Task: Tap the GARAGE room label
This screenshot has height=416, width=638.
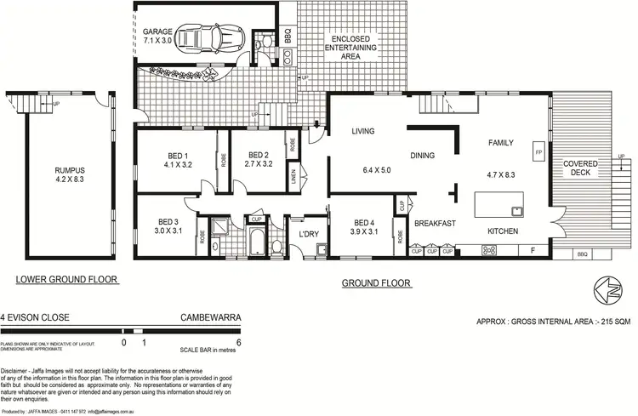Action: pyautogui.click(x=157, y=31)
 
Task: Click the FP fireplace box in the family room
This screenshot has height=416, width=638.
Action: pyautogui.click(x=538, y=152)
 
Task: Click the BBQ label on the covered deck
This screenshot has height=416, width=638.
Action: pyautogui.click(x=582, y=254)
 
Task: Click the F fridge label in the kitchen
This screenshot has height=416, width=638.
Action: pyautogui.click(x=533, y=250)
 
